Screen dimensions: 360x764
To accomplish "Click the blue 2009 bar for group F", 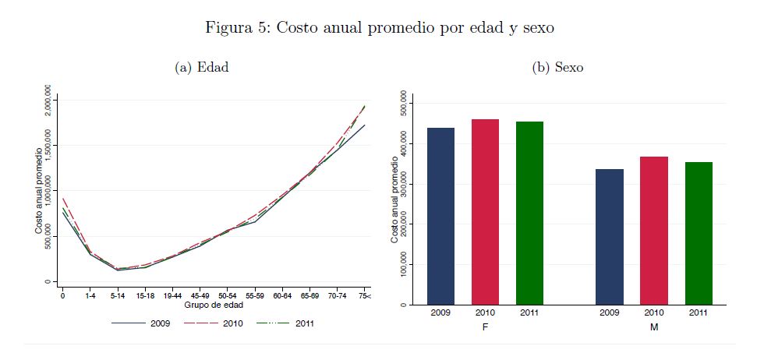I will pyautogui.click(x=440, y=216).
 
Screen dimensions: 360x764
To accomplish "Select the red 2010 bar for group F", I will pyautogui.click(x=485, y=211).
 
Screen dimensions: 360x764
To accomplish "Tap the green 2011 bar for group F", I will pyautogui.click(x=529, y=213).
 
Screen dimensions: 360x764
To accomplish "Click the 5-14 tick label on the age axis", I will pyautogui.click(x=117, y=297).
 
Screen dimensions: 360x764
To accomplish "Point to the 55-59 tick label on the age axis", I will pyautogui.click(x=254, y=297).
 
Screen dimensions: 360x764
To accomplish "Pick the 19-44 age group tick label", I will pyautogui.click(x=172, y=297).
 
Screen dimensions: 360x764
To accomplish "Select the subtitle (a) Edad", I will pyautogui.click(x=202, y=68).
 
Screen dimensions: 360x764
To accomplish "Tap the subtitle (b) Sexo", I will pyautogui.click(x=557, y=68).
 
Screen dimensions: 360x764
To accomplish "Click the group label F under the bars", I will pyautogui.click(x=485, y=327).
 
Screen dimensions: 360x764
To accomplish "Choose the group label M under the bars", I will pyautogui.click(x=654, y=327).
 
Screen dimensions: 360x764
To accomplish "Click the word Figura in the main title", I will pyautogui.click(x=227, y=28).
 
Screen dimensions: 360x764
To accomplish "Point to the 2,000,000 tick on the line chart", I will pyautogui.click(x=49, y=100).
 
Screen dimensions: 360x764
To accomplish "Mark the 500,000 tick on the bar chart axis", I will pyautogui.click(x=403, y=104).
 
